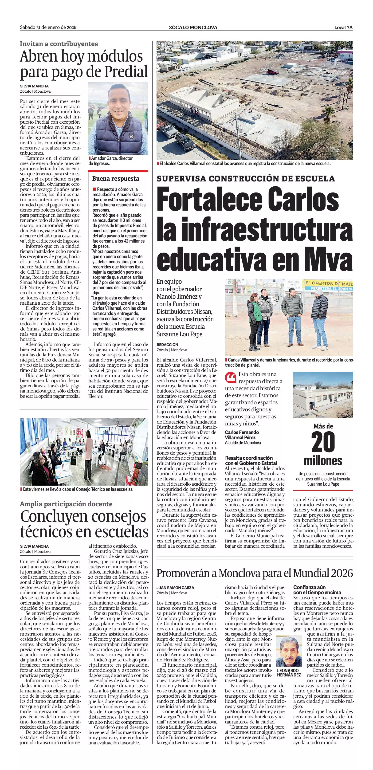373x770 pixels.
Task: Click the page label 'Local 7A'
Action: [x=343, y=27]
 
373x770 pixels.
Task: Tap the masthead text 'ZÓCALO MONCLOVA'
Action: [x=193, y=27]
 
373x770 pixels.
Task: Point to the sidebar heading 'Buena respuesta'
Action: [x=115, y=179]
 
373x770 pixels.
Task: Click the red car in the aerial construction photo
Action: [x=272, y=72]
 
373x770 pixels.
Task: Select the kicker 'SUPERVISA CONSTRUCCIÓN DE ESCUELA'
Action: [x=246, y=179]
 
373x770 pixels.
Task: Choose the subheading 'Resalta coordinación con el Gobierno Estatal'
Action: [x=251, y=460]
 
